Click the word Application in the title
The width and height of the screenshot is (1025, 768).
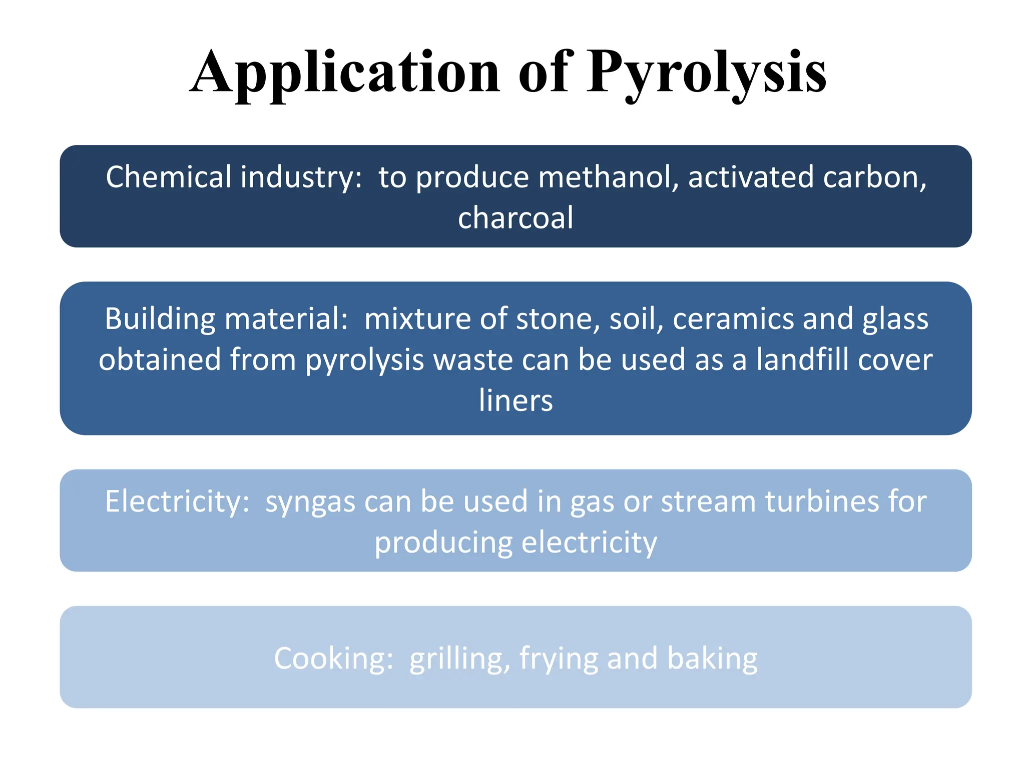coord(345,72)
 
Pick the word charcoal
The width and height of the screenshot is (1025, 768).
coord(516,218)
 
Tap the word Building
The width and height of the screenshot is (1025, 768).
coord(160,319)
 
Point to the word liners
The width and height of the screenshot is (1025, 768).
coord(516,400)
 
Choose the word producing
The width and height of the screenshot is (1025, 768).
coord(443,543)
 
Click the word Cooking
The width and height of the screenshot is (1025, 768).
coord(333,658)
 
